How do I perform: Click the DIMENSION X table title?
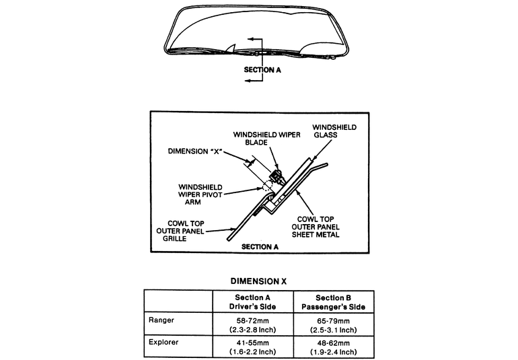[x=258, y=281]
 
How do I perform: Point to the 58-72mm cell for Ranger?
[x=253, y=324]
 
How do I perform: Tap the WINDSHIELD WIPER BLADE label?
[x=262, y=138]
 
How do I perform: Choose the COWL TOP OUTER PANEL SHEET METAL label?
[x=319, y=227]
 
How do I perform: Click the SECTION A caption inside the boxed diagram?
[x=260, y=247]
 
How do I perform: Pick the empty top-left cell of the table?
[x=178, y=301]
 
